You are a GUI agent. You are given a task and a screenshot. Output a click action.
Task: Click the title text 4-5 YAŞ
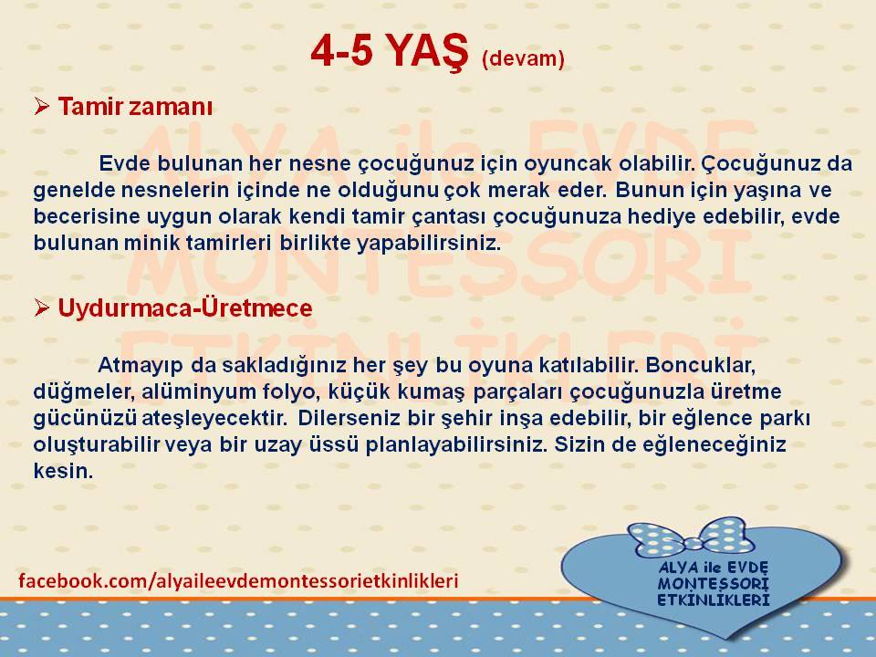(x=390, y=52)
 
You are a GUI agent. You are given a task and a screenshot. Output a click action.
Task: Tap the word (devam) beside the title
(x=523, y=58)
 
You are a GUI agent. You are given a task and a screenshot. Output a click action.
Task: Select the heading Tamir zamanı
(x=135, y=106)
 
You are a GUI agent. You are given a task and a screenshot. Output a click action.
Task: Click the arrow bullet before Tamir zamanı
(x=42, y=106)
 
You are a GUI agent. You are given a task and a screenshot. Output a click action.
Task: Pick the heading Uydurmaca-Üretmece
(x=185, y=308)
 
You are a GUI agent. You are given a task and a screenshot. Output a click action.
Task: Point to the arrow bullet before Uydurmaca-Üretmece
(x=42, y=308)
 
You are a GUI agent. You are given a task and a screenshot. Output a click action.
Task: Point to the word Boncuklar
(x=701, y=365)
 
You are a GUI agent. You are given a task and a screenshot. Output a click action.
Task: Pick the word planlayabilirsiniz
(x=455, y=446)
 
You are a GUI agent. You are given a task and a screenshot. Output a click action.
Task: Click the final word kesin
(x=63, y=471)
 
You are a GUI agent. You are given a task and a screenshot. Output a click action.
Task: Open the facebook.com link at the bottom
(x=238, y=581)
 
